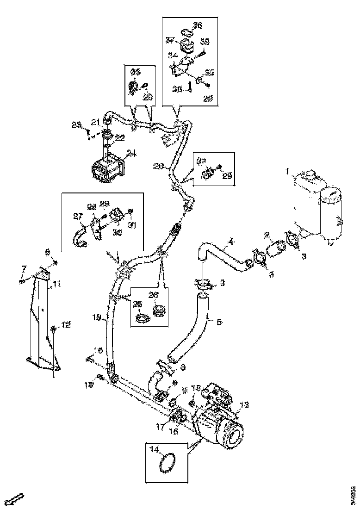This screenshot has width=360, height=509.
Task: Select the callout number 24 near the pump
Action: (132, 153)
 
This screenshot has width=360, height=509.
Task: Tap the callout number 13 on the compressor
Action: (245, 405)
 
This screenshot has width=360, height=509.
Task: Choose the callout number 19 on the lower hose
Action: (96, 317)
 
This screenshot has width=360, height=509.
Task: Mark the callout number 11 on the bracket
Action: (56, 285)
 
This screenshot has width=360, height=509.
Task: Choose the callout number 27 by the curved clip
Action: (77, 215)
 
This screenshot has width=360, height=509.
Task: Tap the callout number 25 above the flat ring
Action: (137, 304)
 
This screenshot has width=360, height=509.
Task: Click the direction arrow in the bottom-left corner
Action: (16, 498)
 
